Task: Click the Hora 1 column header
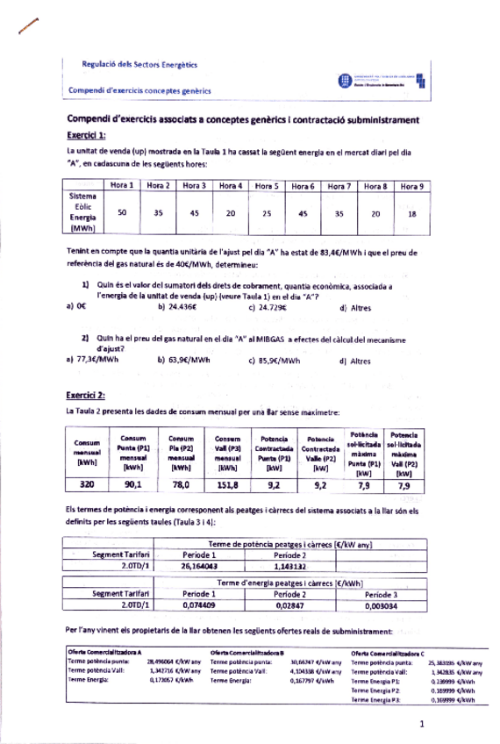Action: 121,186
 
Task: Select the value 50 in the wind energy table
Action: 121,212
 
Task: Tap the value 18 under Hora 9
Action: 411,212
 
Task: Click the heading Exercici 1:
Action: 86,135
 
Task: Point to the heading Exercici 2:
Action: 86,395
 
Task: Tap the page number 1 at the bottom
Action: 422,724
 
